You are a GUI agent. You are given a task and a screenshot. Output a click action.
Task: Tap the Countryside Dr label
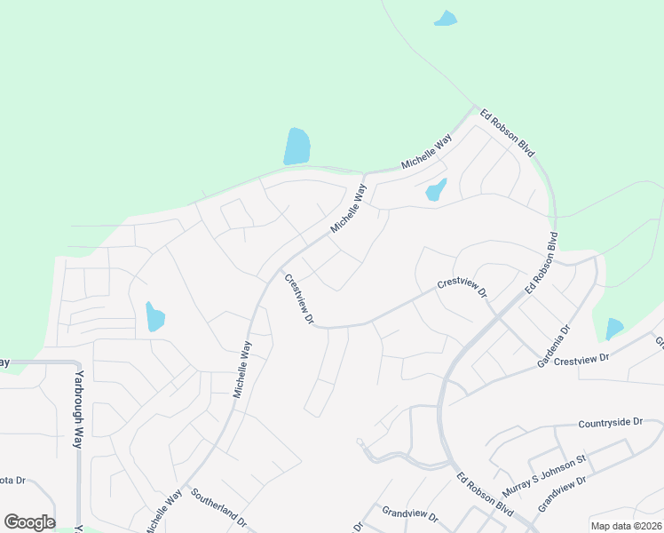click(610, 423)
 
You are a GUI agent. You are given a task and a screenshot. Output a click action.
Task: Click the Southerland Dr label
click(217, 510)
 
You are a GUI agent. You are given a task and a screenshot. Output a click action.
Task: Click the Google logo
click(29, 522)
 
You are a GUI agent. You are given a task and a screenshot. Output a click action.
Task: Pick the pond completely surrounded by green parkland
click(446, 18)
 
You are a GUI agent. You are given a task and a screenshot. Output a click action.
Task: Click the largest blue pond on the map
click(296, 146)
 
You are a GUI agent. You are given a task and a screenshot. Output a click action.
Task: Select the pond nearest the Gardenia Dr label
click(614, 329)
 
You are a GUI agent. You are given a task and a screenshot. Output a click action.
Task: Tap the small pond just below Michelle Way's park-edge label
click(436, 190)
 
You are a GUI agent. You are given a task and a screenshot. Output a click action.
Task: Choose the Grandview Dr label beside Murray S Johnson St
click(563, 494)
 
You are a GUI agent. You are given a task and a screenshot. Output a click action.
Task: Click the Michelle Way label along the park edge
click(426, 153)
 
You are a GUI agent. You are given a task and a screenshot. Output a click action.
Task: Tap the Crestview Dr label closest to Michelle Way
click(299, 298)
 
